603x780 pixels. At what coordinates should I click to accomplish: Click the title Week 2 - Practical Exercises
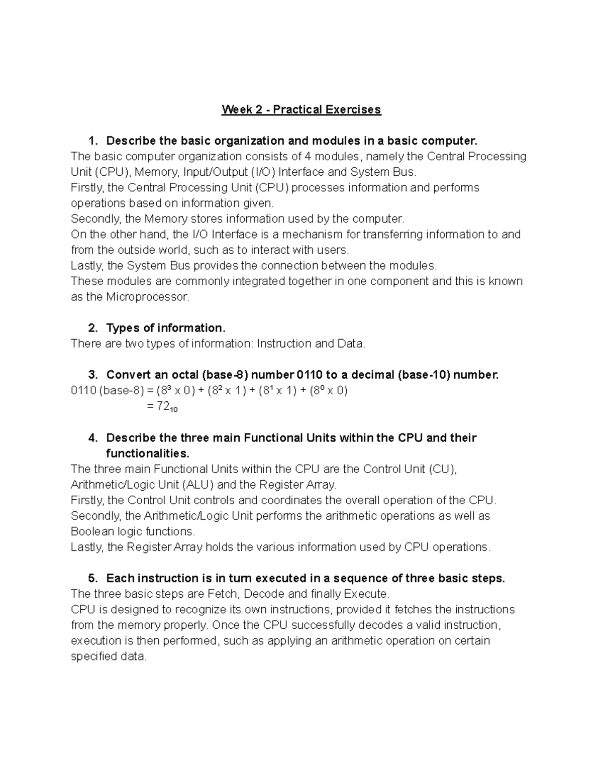(301, 109)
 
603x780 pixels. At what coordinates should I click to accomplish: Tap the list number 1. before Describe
(92, 141)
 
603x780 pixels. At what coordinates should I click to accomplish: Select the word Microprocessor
(148, 297)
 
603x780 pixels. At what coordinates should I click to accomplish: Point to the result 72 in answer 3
(163, 406)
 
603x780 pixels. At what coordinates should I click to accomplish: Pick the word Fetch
(223, 594)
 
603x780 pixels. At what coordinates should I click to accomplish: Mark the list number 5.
(92, 578)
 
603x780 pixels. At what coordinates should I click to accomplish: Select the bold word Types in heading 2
(123, 328)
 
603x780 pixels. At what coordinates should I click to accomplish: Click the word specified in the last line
(94, 656)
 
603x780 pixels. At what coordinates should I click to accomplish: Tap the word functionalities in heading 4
(148, 453)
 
